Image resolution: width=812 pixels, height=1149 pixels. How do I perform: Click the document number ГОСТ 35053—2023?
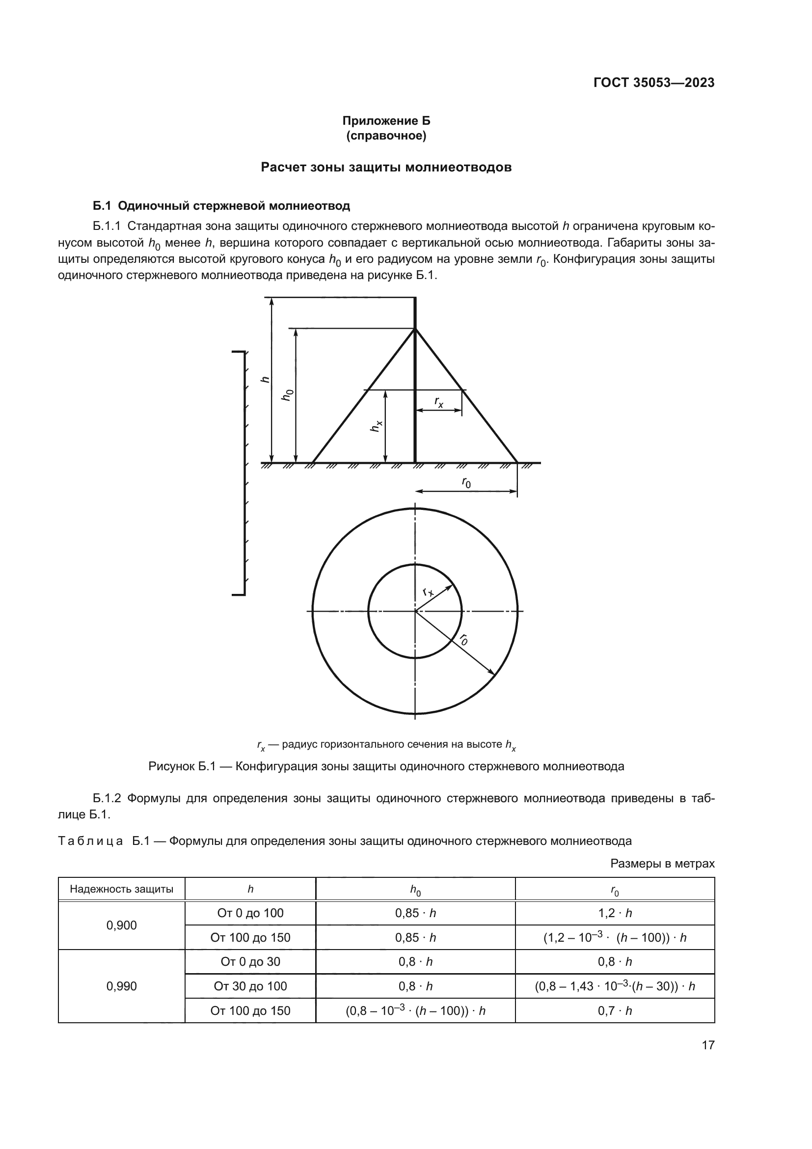(653, 83)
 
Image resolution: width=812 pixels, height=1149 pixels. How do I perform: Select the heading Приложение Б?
(386, 121)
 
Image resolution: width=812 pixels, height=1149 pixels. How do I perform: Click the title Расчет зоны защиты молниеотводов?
(386, 167)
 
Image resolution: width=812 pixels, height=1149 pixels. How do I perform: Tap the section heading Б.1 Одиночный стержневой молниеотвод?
(221, 206)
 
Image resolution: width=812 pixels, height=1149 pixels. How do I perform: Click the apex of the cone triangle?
(415, 329)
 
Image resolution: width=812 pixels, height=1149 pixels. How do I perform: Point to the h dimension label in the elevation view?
(266, 379)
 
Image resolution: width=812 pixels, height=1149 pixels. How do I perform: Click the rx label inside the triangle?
(438, 402)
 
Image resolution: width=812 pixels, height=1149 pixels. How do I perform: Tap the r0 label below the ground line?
(466, 482)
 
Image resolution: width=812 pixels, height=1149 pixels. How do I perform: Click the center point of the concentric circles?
(415, 611)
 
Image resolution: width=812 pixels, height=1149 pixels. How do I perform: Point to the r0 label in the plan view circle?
(464, 639)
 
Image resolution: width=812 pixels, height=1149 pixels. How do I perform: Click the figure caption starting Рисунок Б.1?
(386, 766)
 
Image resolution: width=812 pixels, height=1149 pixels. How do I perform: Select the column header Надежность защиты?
(121, 889)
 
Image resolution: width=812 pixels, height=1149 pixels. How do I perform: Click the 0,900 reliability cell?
(121, 925)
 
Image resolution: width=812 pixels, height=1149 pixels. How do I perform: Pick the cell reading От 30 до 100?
(250, 986)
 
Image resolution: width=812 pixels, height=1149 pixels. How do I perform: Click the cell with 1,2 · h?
(615, 913)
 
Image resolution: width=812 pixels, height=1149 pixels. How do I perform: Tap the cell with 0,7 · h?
(615, 1010)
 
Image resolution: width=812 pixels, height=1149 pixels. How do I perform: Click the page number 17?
(708, 1045)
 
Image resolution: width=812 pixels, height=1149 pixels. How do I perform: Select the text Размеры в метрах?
(662, 863)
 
